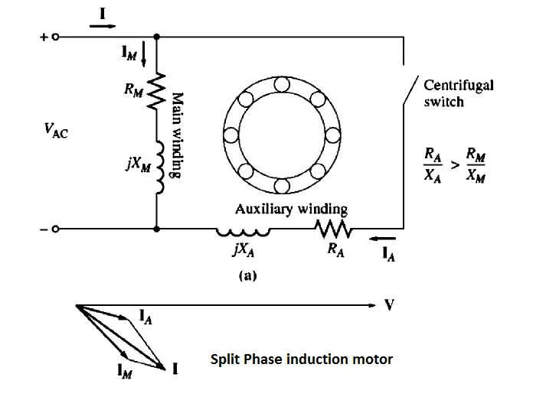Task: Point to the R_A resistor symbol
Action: point(335,229)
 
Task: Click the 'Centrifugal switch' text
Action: point(458,93)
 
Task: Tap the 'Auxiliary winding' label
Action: point(291,208)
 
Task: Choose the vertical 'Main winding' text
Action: point(176,135)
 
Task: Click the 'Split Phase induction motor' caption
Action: point(302,359)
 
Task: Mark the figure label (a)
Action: point(246,276)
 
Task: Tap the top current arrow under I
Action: point(101,25)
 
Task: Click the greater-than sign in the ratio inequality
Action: point(456,166)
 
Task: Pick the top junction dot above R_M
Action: point(156,36)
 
